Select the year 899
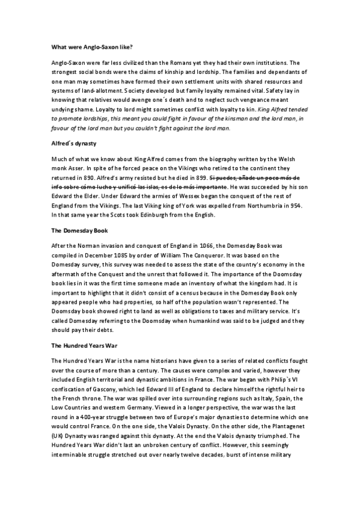pyautogui.click(x=196, y=179)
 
